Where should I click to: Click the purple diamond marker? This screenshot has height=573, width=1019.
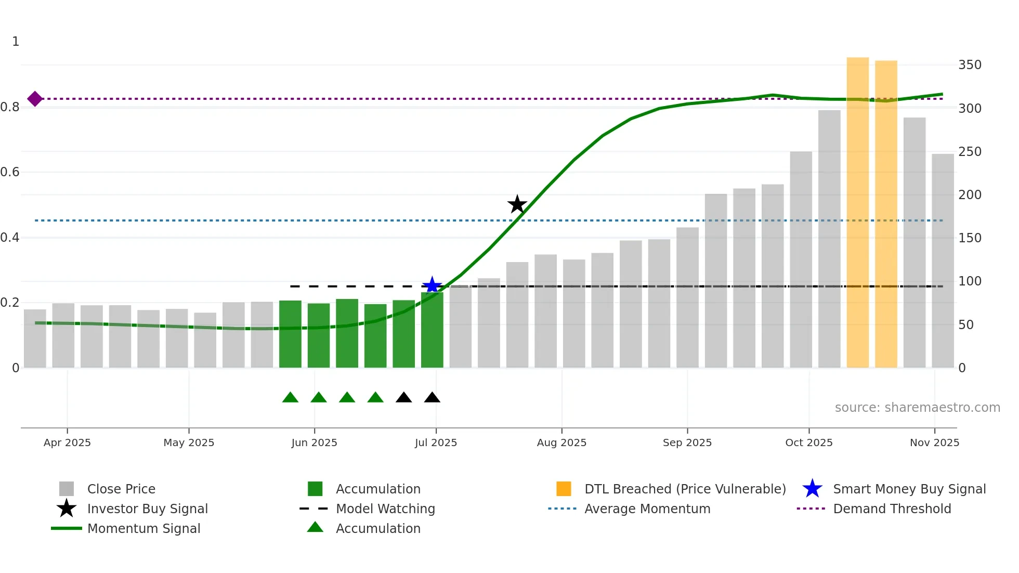[x=35, y=99]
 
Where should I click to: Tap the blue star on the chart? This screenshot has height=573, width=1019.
[x=432, y=285]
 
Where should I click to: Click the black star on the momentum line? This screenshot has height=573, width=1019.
[x=517, y=204]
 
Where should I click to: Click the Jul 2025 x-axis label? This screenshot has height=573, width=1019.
[x=436, y=442]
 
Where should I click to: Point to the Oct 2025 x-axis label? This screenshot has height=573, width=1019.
[x=808, y=442]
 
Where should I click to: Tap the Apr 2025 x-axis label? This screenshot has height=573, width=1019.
[x=67, y=442]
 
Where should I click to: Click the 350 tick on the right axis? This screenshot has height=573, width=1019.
[x=970, y=65]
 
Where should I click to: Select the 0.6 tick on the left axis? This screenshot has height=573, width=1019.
[x=10, y=172]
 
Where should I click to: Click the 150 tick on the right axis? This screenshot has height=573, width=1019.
[x=970, y=238]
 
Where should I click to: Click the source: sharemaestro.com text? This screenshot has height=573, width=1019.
[x=917, y=408]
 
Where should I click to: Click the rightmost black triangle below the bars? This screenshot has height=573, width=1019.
[x=432, y=398]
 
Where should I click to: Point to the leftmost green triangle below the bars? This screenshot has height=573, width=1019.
[x=290, y=398]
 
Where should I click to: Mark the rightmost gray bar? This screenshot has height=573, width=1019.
[x=942, y=261]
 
